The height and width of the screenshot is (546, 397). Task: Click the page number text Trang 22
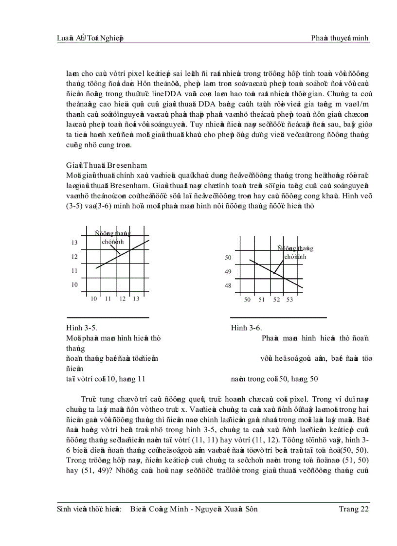pyautogui.click(x=354, y=509)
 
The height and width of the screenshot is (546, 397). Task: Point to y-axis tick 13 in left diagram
pyautogui.click(x=74, y=242)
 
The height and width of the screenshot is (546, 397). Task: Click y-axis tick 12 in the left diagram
pyautogui.click(x=74, y=256)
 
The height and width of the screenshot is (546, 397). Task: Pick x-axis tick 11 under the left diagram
pyautogui.click(x=108, y=299)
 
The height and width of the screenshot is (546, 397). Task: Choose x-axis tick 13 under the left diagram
pyautogui.click(x=136, y=299)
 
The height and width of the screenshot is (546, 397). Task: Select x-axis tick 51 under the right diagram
pyautogui.click(x=261, y=300)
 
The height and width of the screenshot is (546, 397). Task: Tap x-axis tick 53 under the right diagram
pyautogui.click(x=289, y=300)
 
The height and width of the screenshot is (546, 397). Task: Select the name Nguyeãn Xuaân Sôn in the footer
pyautogui.click(x=230, y=509)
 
